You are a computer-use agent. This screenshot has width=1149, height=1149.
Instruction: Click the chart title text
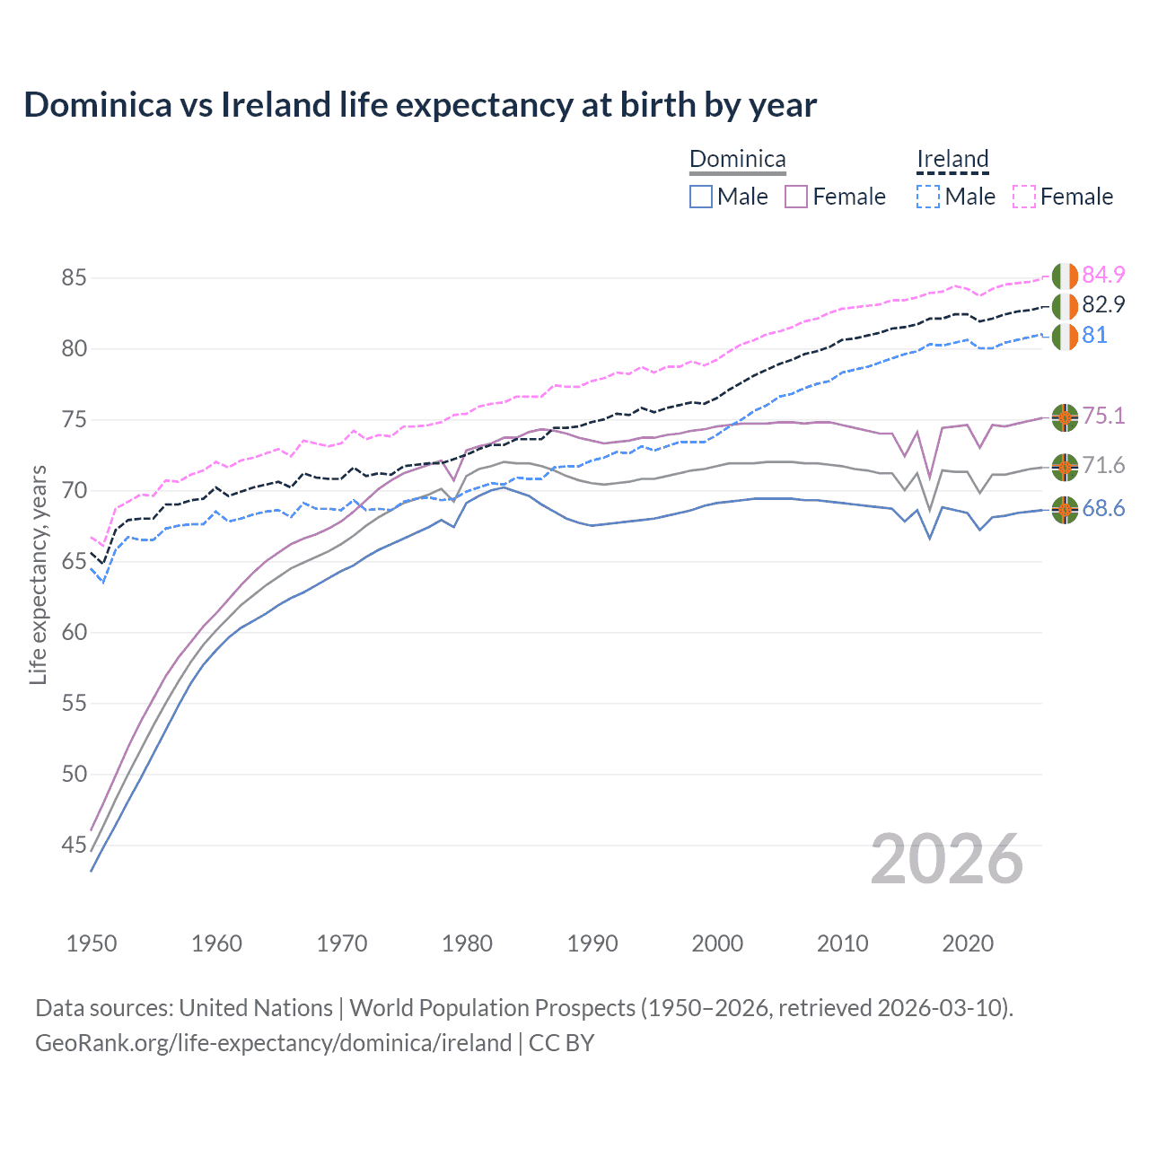pyautogui.click(x=420, y=105)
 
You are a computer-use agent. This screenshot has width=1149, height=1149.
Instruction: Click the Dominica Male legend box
pyautogui.click(x=701, y=197)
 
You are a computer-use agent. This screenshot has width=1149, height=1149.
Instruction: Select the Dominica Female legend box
pyautogui.click(x=796, y=197)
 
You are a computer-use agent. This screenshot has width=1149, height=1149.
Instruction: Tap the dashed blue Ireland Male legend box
pyautogui.click(x=928, y=197)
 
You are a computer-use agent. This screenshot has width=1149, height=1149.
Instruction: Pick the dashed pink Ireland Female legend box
pyautogui.click(x=1024, y=197)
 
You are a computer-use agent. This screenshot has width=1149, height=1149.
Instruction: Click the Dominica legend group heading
pyautogui.click(x=737, y=160)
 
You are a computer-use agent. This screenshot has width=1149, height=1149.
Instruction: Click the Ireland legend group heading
pyautogui.click(x=952, y=160)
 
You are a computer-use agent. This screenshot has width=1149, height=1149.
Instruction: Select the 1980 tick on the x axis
pyautogui.click(x=468, y=943)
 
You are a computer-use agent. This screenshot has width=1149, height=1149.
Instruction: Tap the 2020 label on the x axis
pyautogui.click(x=968, y=943)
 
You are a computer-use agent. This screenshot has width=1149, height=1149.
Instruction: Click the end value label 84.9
pyautogui.click(x=1103, y=275)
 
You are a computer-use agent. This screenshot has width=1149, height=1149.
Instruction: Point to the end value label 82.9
pyautogui.click(x=1103, y=305)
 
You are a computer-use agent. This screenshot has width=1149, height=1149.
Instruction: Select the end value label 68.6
pyautogui.click(x=1103, y=509)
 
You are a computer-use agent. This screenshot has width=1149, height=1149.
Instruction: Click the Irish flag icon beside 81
pyautogui.click(x=1065, y=338)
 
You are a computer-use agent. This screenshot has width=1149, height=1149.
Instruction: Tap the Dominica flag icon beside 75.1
pyautogui.click(x=1065, y=417)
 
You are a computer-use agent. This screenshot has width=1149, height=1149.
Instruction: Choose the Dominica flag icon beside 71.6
pyautogui.click(x=1065, y=466)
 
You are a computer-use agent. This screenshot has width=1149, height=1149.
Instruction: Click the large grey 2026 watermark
pyautogui.click(x=947, y=859)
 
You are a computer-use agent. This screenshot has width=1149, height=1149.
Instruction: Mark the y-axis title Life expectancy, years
pyautogui.click(x=39, y=574)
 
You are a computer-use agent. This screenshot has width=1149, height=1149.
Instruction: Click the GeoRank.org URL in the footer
pyautogui.click(x=273, y=1043)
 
